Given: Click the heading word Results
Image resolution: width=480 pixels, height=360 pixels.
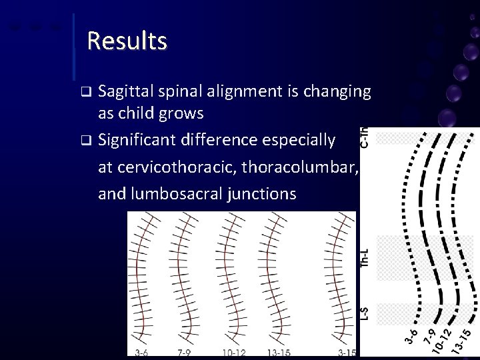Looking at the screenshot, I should click(x=127, y=41).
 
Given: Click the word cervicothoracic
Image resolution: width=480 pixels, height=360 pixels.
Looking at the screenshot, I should click(x=172, y=169).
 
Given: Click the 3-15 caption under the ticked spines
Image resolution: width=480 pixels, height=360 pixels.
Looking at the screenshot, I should click(x=347, y=353).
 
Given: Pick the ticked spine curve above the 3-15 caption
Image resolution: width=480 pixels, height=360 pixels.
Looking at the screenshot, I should click(x=337, y=280).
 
